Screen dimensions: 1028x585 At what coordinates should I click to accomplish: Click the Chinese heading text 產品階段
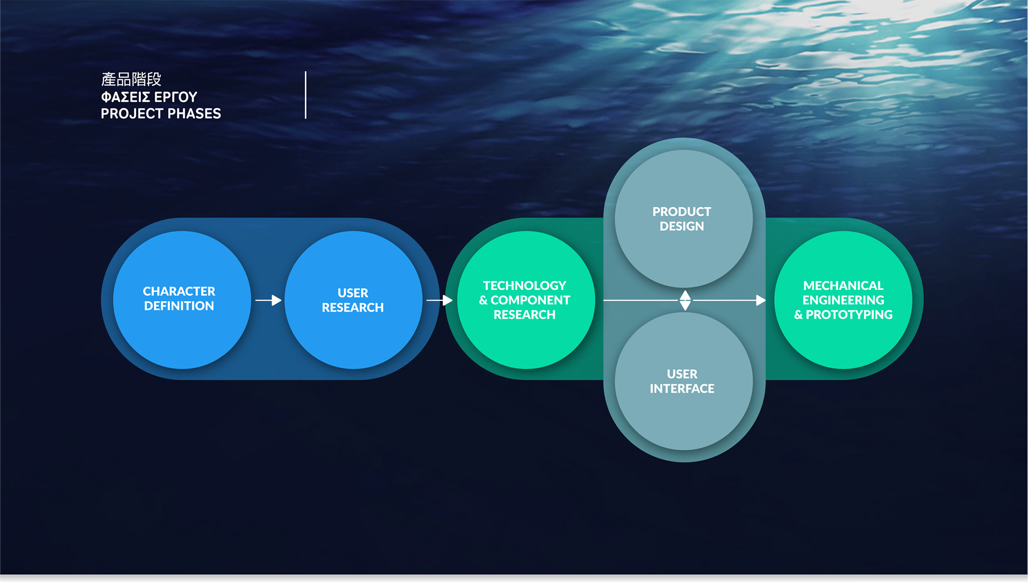pos(131,80)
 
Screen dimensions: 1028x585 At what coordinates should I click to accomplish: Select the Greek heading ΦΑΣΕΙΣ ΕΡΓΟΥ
pos(149,97)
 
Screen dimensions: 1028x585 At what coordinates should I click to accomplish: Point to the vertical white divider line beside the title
pos(306,95)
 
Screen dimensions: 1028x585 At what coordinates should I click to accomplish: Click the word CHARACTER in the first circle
pos(179,291)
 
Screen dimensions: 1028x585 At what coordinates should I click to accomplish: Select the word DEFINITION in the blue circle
pos(179,306)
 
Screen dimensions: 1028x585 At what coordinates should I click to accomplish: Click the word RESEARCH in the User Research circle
pos(353,307)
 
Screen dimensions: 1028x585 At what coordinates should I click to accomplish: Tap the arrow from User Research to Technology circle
pos(440,300)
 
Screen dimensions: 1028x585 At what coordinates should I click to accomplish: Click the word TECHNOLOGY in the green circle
pos(525,285)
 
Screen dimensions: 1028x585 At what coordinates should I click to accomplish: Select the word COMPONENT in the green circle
pos(530,300)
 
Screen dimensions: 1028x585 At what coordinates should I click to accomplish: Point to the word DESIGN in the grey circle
pos(682,226)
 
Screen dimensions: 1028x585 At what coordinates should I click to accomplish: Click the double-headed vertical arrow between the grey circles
pos(685,300)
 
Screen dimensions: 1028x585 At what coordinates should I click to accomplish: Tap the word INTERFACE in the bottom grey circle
pos(682,388)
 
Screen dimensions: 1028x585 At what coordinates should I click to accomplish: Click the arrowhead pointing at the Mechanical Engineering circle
pos(760,300)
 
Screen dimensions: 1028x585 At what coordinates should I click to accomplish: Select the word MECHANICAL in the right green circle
pos(843,285)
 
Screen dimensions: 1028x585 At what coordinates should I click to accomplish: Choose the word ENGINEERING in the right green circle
pos(843,300)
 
